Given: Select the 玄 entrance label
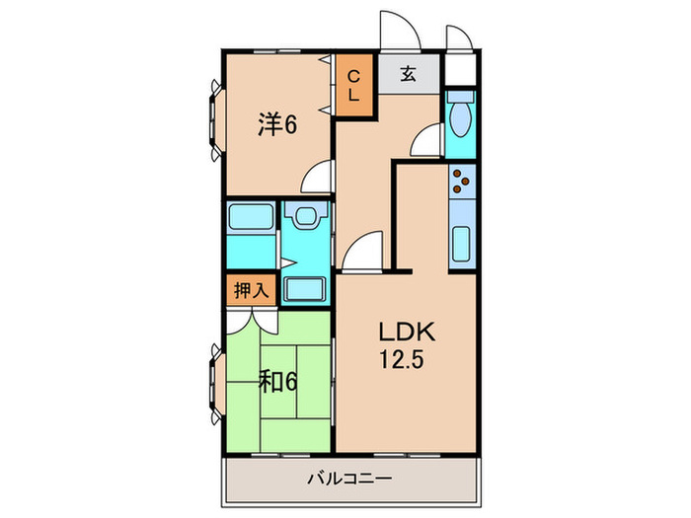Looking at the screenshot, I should [x=408, y=73].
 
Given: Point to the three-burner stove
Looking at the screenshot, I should [x=462, y=181].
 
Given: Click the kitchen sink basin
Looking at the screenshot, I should [x=462, y=243].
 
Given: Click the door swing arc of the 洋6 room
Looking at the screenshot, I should [x=318, y=178].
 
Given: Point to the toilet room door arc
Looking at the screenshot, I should [x=425, y=141].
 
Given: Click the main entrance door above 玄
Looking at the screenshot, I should [x=402, y=31].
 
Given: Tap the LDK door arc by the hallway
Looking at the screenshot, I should [x=363, y=249].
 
